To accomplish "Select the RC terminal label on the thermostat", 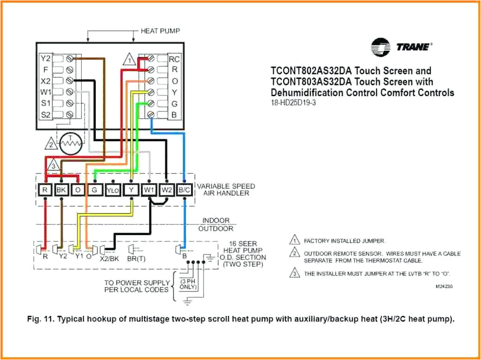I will click(x=174, y=59).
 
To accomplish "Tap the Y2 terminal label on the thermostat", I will click(x=45, y=59).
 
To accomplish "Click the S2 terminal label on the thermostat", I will click(x=45, y=114).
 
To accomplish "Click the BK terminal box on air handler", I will click(x=61, y=190).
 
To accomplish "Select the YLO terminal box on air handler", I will click(x=113, y=190).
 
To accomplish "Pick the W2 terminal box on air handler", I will click(x=166, y=190).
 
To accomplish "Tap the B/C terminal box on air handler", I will click(x=184, y=190).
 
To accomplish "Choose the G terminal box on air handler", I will click(x=95, y=190).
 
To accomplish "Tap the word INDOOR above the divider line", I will click(x=216, y=220).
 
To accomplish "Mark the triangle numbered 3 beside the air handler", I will click(x=54, y=166).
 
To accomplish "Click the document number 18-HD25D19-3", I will click(x=293, y=103).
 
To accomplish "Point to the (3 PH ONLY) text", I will click(x=186, y=283).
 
